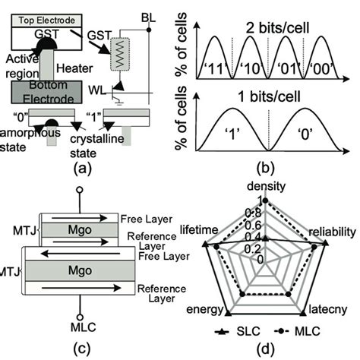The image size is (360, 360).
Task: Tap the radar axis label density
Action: [267, 185]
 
